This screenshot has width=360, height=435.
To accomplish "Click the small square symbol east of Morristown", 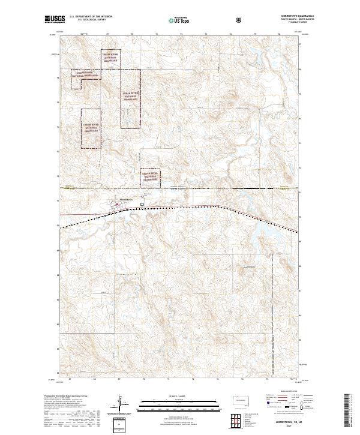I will coord(142,204).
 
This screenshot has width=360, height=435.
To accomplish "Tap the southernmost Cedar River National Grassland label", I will coord(151,175).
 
